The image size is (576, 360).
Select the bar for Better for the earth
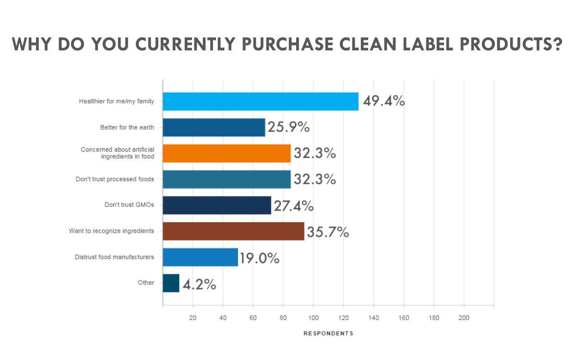(214, 127)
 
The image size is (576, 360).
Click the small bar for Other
(171, 283)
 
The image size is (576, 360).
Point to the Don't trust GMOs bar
(217, 205)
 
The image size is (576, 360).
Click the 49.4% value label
(384, 101)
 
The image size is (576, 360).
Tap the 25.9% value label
(288, 127)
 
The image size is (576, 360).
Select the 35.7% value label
(328, 231)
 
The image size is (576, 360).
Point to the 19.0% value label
(259, 258)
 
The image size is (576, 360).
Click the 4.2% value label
(199, 284)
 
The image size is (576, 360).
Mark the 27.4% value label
(293, 205)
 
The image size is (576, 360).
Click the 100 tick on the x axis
(313, 318)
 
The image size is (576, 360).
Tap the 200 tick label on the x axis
(464, 318)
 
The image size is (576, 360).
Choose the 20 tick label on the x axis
(193, 318)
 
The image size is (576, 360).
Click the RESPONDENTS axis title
(328, 334)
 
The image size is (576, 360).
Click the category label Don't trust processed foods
(115, 179)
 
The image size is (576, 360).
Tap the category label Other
(146, 283)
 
